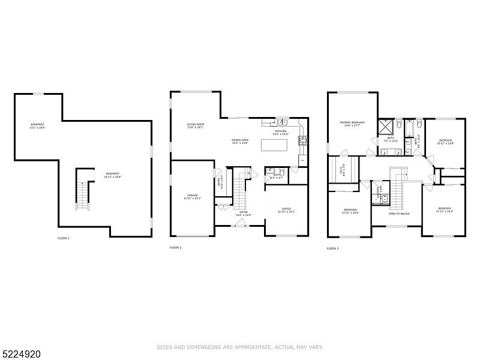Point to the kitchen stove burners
click(x=303, y=142)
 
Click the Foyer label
click(x=244, y=213)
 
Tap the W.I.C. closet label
click(x=342, y=170)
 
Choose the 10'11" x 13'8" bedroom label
click(x=446, y=142)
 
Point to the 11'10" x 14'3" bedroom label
click(x=444, y=210)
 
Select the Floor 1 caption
click(x=64, y=238)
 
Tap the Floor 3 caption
click(x=332, y=248)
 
